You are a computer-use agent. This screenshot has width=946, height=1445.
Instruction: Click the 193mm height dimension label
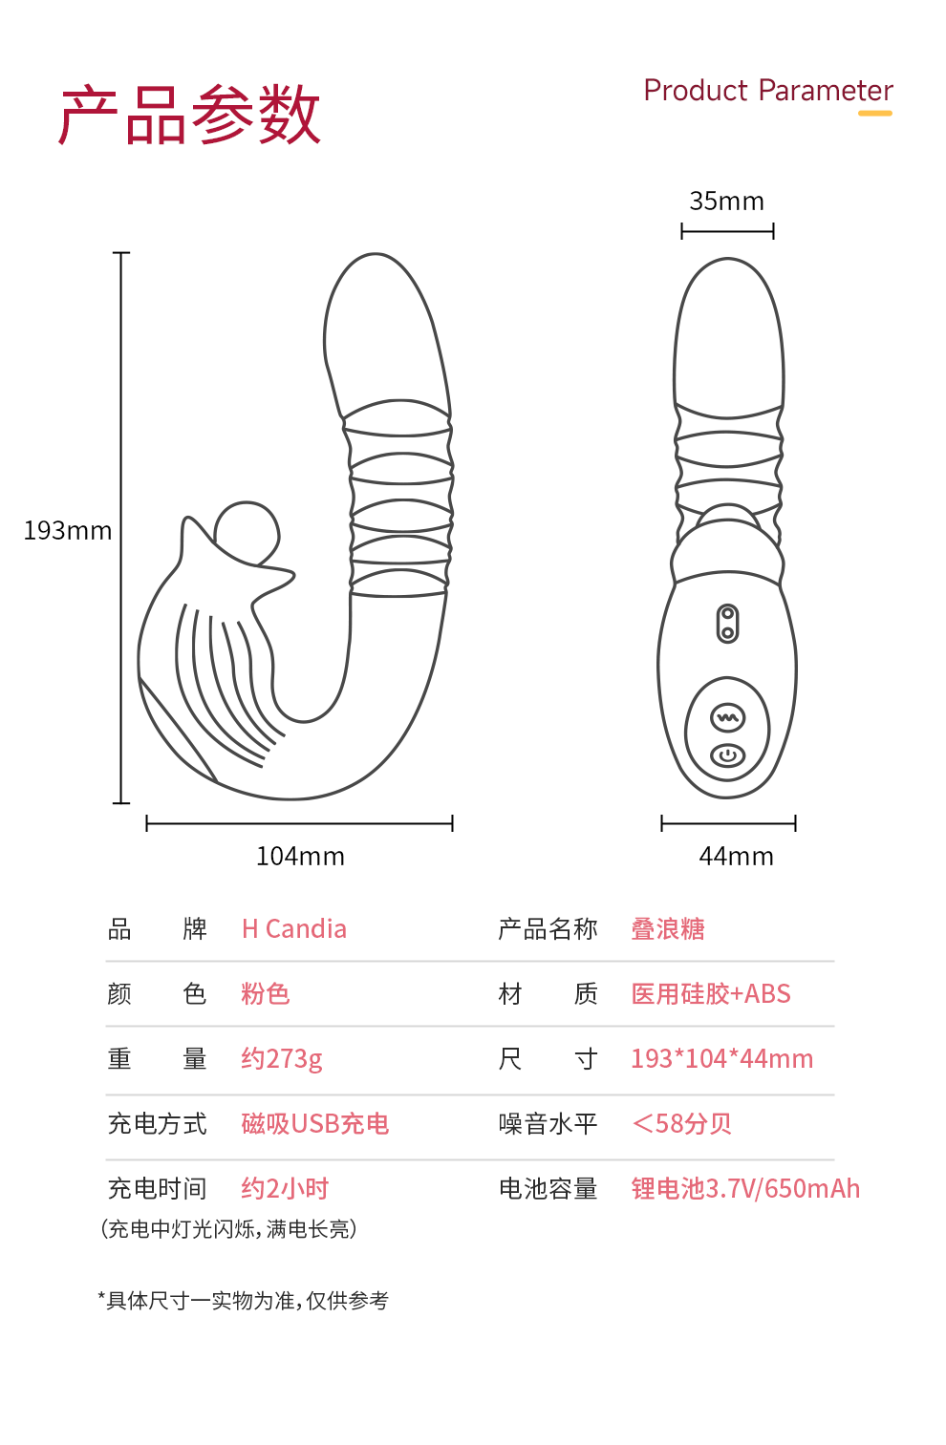coord(68,530)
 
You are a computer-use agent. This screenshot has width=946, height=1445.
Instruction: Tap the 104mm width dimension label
coord(300,856)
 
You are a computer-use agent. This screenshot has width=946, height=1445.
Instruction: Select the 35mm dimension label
coord(727,201)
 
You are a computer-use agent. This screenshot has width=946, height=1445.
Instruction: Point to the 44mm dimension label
coord(736,856)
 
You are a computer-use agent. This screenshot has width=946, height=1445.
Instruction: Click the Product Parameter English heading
coord(767,90)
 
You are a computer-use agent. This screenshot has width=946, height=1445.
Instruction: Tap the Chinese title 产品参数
coord(190,116)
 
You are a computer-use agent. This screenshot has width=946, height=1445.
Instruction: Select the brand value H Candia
coord(294,928)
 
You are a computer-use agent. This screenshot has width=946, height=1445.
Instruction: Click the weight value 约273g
coord(282,1058)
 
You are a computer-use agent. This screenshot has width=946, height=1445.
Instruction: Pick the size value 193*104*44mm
coord(721,1058)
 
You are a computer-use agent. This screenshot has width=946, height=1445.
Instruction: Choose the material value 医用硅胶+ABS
coord(711,993)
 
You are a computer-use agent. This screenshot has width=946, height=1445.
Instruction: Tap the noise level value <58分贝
coord(681,1123)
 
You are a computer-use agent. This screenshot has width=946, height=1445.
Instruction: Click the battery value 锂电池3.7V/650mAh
coord(745,1188)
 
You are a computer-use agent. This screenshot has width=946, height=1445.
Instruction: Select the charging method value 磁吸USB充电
coord(315,1123)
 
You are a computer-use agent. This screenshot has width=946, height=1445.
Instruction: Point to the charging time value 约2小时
coord(285,1188)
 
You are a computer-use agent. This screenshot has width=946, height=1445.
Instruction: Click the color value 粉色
coord(265,993)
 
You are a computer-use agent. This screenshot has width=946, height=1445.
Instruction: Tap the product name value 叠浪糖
coord(668,928)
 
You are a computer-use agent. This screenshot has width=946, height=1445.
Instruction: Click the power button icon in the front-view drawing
coord(727,755)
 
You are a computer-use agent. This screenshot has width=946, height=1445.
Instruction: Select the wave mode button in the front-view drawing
coord(727,717)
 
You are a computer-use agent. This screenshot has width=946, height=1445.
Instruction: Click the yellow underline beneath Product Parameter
coord(874,113)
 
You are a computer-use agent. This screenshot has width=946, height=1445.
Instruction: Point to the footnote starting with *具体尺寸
coord(244,1300)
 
